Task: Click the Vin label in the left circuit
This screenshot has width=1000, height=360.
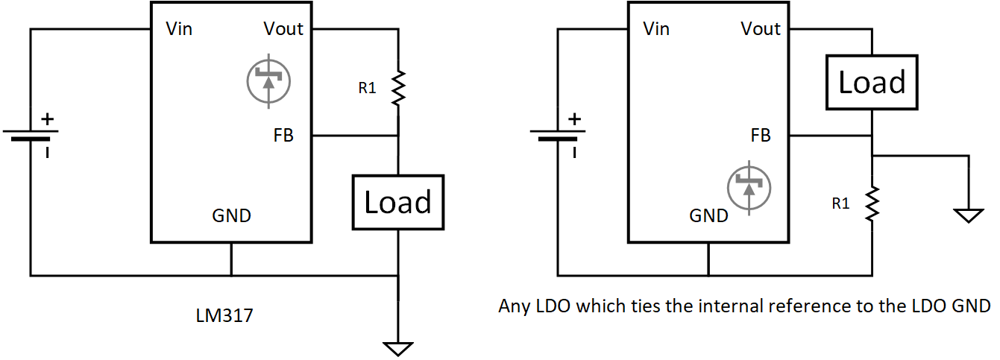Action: tap(180, 29)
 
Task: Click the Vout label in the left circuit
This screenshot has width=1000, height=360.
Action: tap(283, 29)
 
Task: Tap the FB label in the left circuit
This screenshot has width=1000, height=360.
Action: tap(283, 136)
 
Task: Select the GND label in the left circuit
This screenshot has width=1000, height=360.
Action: tap(232, 216)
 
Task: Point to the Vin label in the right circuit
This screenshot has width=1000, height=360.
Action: tap(656, 29)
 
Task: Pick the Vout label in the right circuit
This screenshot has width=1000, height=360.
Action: tap(761, 29)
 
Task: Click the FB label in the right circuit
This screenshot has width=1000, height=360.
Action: tap(761, 136)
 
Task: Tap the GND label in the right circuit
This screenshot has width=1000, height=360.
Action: tap(708, 216)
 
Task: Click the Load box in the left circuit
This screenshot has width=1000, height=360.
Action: tap(397, 202)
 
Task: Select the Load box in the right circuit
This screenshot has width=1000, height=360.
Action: tap(872, 82)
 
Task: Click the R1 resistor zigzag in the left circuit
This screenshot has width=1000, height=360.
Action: tap(398, 88)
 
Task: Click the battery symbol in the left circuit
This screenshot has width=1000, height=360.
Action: tap(31, 136)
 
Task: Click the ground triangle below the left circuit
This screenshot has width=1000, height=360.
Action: tap(398, 348)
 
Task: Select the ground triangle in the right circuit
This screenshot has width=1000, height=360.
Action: tap(969, 215)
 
